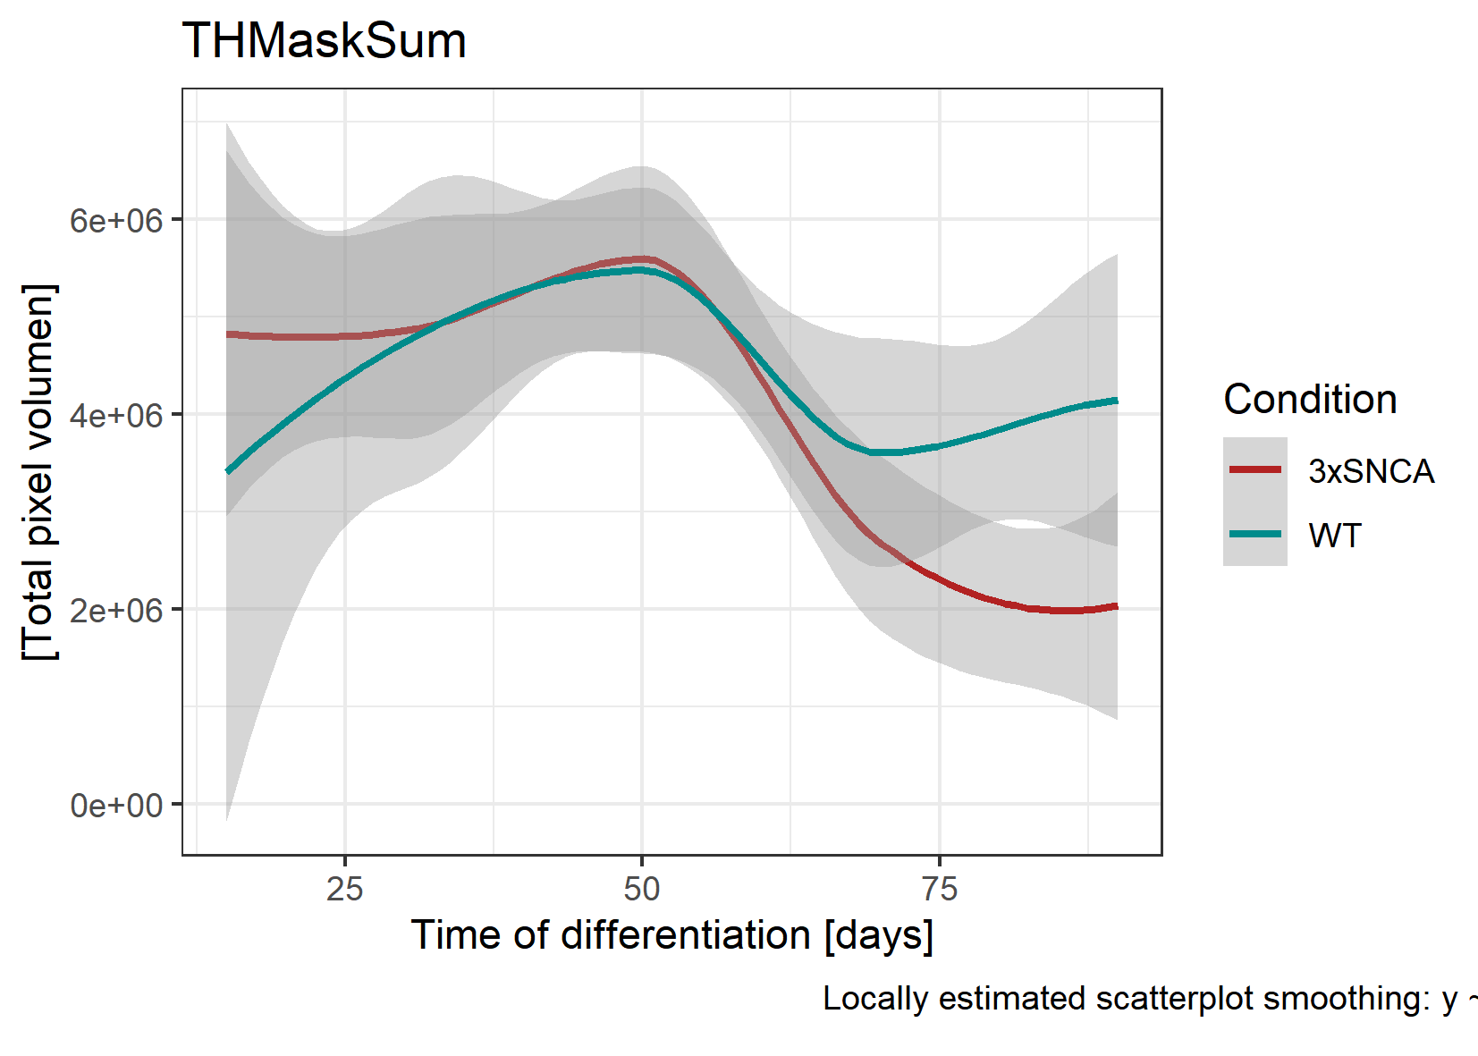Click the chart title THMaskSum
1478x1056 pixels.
coord(324,41)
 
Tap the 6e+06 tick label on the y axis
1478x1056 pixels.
coord(116,220)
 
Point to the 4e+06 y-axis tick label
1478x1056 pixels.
coord(116,415)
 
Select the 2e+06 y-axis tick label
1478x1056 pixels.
coord(116,610)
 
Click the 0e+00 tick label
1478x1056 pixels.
coord(116,805)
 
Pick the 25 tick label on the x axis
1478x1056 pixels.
coord(344,889)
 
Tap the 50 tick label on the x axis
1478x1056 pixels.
coord(641,889)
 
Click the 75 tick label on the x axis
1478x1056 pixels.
coord(939,889)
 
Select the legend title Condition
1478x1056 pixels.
coord(1310,400)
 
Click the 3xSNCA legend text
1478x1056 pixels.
coord(1371,471)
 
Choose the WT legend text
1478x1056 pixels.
coord(1334,536)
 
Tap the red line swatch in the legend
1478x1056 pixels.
coord(1255,469)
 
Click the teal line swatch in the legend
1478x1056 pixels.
coord(1255,534)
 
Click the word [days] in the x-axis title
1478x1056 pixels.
coord(879,935)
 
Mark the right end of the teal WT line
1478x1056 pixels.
coord(1117,401)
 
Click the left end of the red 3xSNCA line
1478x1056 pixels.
coord(228,334)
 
